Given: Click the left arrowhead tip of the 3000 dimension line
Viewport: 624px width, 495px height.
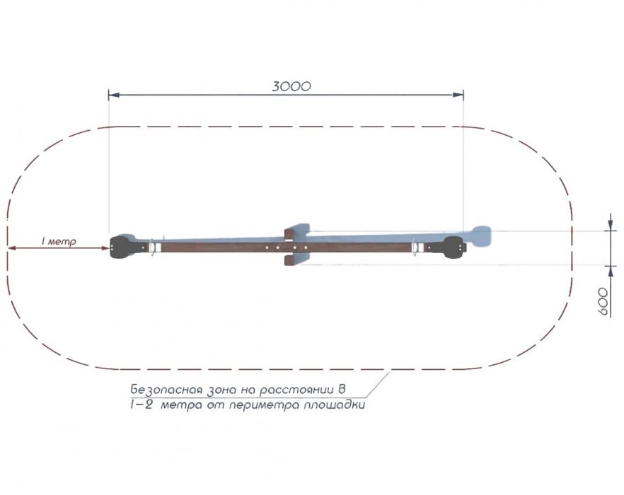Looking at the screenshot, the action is pyautogui.click(x=109, y=95).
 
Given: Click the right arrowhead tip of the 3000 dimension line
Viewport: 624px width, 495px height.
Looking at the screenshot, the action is pyautogui.click(x=463, y=95).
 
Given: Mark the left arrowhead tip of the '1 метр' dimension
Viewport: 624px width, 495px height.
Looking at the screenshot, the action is pyautogui.click(x=8, y=248).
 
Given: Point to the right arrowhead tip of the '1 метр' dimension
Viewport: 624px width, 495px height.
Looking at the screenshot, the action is pyautogui.click(x=109, y=248).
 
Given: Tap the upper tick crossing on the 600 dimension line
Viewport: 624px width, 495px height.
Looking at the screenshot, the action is pyautogui.click(x=611, y=231).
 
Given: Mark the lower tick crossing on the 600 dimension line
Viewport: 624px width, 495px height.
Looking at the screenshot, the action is pyautogui.click(x=611, y=265).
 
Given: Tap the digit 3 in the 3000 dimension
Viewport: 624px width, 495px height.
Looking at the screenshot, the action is pyautogui.click(x=277, y=86).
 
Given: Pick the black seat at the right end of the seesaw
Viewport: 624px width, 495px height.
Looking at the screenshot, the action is pyautogui.click(x=454, y=248).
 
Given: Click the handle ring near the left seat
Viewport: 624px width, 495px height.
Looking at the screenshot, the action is pyautogui.click(x=151, y=248).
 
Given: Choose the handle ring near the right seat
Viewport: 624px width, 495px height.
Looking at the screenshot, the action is pyautogui.click(x=415, y=248).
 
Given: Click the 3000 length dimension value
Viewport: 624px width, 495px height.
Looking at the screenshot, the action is pyautogui.click(x=291, y=86).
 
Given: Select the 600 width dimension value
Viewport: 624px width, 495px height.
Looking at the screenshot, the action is pyautogui.click(x=603, y=302).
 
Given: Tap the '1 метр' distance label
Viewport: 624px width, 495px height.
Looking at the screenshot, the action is pyautogui.click(x=59, y=241).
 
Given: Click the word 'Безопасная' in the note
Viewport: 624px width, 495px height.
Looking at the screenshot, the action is pyautogui.click(x=168, y=390).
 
